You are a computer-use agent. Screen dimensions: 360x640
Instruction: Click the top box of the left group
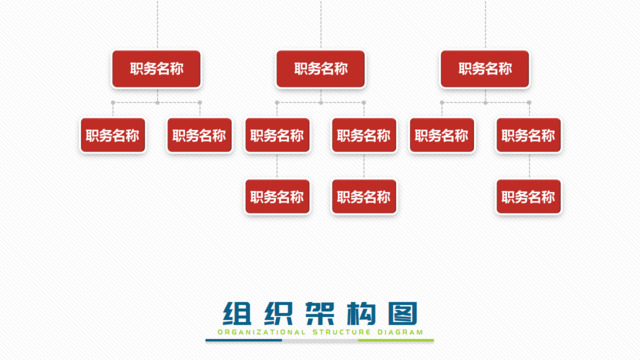click(156, 69)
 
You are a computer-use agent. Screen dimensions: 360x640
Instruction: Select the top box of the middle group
click(321, 69)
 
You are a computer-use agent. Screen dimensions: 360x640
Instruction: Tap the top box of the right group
click(485, 69)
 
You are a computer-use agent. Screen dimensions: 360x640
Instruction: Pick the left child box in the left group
click(113, 136)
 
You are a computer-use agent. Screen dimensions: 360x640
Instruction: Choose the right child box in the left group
click(199, 136)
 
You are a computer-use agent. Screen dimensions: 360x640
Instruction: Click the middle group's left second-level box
click(277, 136)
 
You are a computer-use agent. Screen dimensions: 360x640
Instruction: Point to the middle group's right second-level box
click(364, 136)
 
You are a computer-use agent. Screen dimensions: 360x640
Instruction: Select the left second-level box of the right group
click(442, 136)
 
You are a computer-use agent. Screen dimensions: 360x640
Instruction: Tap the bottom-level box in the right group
click(528, 197)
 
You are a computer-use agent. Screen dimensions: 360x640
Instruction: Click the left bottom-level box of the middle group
click(277, 197)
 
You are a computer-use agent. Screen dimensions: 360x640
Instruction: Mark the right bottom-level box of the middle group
click(364, 197)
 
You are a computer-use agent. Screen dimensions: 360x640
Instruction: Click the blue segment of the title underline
click(244, 340)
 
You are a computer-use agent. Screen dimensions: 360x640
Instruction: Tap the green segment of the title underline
click(396, 340)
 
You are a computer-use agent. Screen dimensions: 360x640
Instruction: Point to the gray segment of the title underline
click(320, 340)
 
